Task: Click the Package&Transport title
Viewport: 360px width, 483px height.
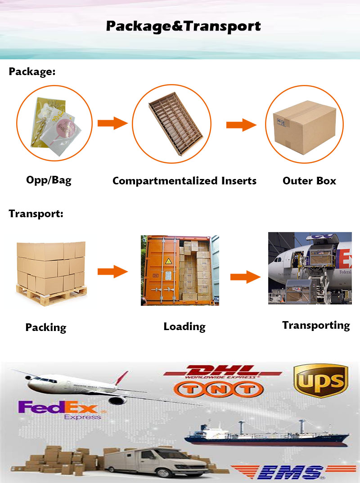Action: [x=183, y=26]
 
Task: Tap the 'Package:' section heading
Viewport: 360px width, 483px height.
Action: [x=32, y=72]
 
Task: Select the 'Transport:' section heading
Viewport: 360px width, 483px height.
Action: [x=36, y=214]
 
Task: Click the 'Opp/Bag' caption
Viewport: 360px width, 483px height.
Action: [x=49, y=181]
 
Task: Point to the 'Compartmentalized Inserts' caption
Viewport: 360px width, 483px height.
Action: [x=184, y=181]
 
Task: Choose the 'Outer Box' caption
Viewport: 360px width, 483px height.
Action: [x=309, y=181]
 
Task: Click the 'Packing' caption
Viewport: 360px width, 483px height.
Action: [x=45, y=327]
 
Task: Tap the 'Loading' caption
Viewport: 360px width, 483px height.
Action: [x=184, y=326]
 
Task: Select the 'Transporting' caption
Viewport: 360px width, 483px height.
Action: [x=316, y=325]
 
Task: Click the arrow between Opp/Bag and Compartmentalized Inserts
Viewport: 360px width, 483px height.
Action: [x=112, y=123]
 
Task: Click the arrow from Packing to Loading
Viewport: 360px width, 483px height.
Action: [x=112, y=271]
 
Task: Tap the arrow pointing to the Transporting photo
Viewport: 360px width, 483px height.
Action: [x=245, y=277]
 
